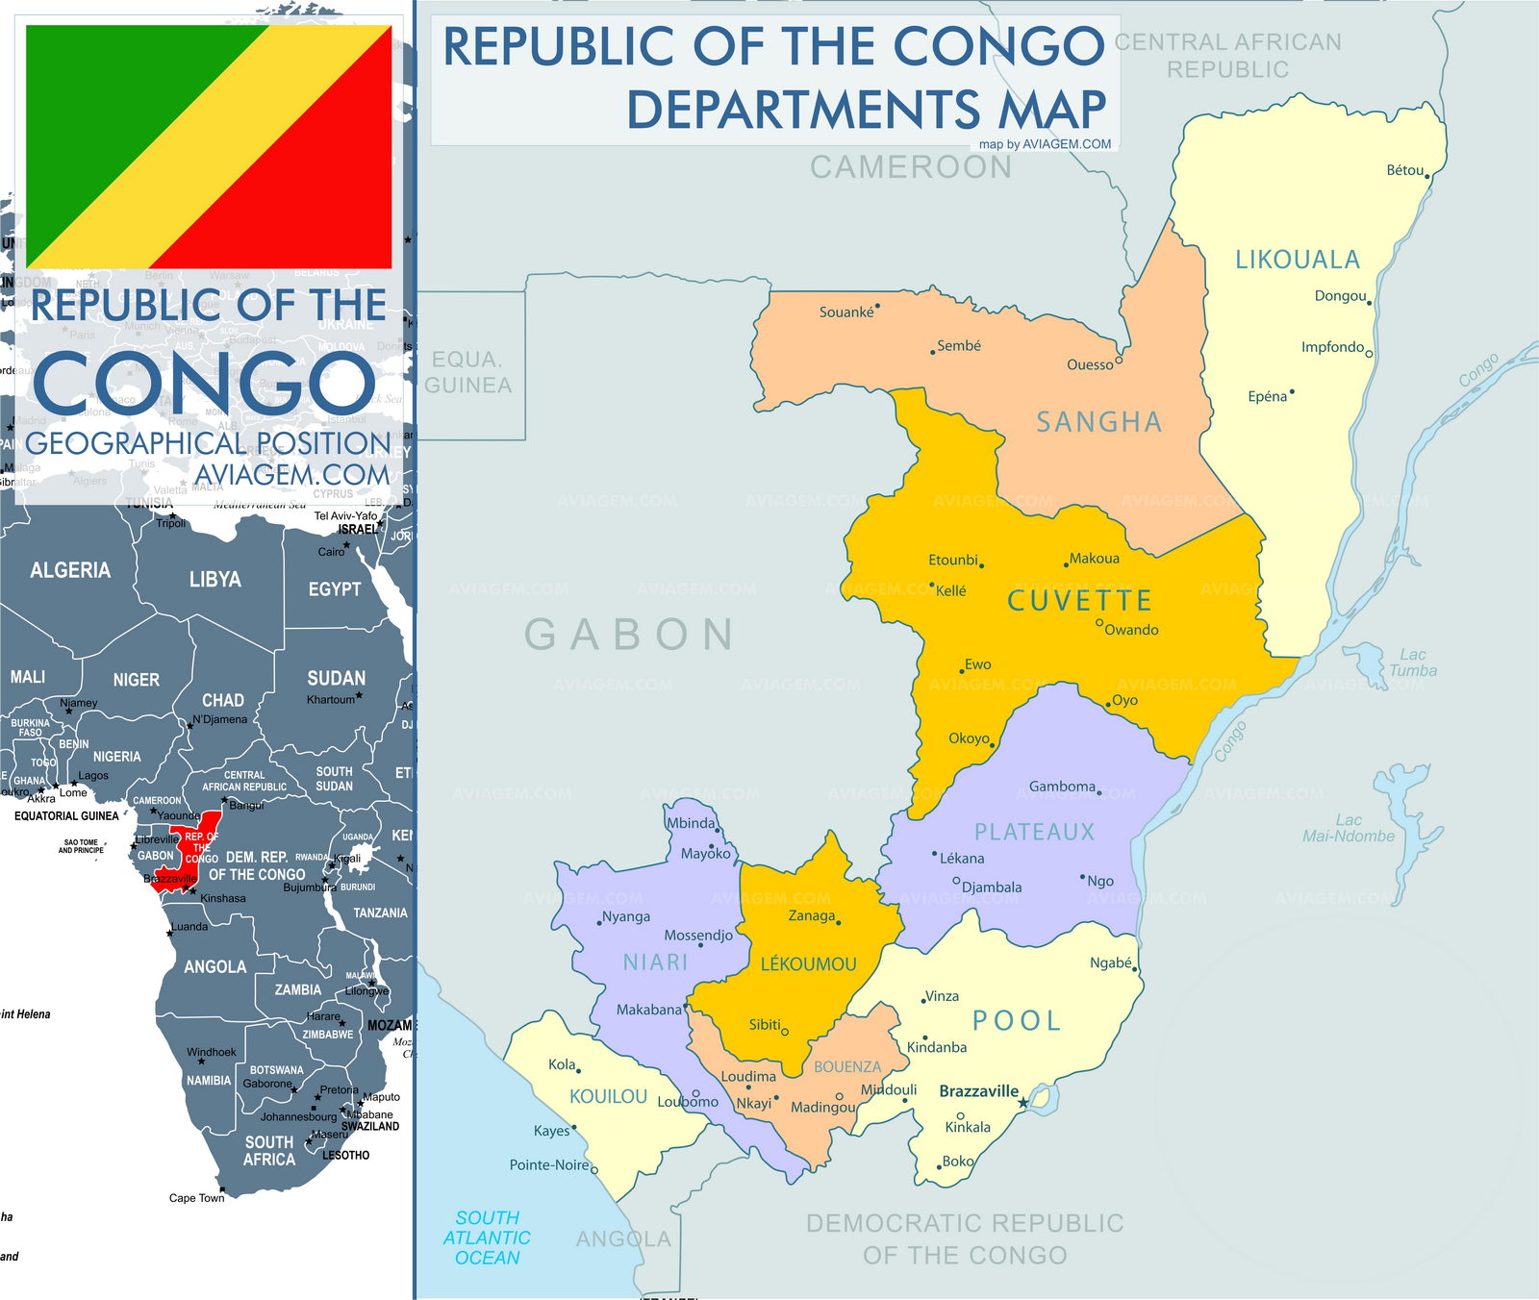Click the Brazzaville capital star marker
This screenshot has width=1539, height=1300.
pyautogui.click(x=1022, y=1103)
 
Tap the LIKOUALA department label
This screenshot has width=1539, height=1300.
pyautogui.click(x=1297, y=260)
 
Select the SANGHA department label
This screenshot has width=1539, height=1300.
pyautogui.click(x=1098, y=422)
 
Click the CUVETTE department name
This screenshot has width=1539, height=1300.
pyautogui.click(x=1079, y=601)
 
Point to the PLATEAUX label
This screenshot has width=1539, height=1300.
pyautogui.click(x=1034, y=832)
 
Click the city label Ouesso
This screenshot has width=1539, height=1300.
pyautogui.click(x=1090, y=364)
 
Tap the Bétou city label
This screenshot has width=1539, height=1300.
pyautogui.click(x=1404, y=170)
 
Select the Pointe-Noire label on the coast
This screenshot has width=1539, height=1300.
pyautogui.click(x=548, y=1164)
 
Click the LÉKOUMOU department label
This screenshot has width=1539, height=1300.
pyautogui.click(x=808, y=964)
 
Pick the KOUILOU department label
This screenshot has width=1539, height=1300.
pyautogui.click(x=608, y=1096)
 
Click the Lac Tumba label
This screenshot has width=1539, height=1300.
pyautogui.click(x=1412, y=662)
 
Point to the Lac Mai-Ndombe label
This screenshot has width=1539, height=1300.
pyautogui.click(x=1348, y=828)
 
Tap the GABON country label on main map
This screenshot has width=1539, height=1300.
pyautogui.click(x=630, y=635)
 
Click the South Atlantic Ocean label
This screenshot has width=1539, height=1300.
pyautogui.click(x=487, y=1237)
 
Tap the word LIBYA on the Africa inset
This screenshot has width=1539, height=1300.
pyautogui.click(x=214, y=579)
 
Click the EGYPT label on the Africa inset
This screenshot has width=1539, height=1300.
pyautogui.click(x=334, y=588)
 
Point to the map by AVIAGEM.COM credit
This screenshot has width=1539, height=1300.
pyautogui.click(x=1045, y=144)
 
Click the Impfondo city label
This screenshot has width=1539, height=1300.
pyautogui.click(x=1332, y=347)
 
